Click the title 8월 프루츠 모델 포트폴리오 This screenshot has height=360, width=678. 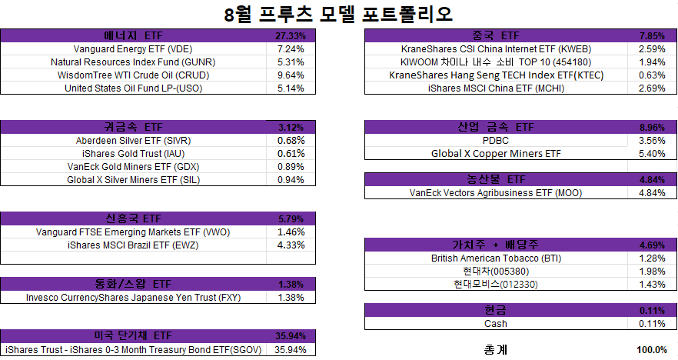(x=338, y=14)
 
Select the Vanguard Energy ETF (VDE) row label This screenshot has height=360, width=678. (x=133, y=49)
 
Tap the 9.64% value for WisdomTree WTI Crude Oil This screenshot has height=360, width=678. (x=291, y=75)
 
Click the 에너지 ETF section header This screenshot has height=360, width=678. (x=133, y=35)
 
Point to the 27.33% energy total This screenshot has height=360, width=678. (x=291, y=36)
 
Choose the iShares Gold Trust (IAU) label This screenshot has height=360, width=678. (x=133, y=154)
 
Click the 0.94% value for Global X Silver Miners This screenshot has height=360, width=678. (x=291, y=179)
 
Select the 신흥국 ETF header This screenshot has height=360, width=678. (x=133, y=218)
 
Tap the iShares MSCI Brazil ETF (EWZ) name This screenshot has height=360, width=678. (x=133, y=245)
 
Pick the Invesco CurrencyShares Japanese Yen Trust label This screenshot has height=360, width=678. (x=133, y=298)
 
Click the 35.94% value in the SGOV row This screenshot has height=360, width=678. (x=291, y=349)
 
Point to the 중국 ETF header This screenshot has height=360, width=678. (x=496, y=35)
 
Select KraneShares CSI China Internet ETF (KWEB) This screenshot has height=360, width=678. (x=496, y=49)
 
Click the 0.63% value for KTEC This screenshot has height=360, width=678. (x=652, y=75)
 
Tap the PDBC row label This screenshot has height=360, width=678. (x=496, y=141)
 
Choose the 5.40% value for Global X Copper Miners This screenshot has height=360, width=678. (x=652, y=154)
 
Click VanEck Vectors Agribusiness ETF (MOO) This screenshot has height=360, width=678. (x=496, y=193)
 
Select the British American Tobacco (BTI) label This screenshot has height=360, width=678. (x=496, y=258)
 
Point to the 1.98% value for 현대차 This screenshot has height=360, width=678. (x=652, y=272)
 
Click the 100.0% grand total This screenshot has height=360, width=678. (x=652, y=349)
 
